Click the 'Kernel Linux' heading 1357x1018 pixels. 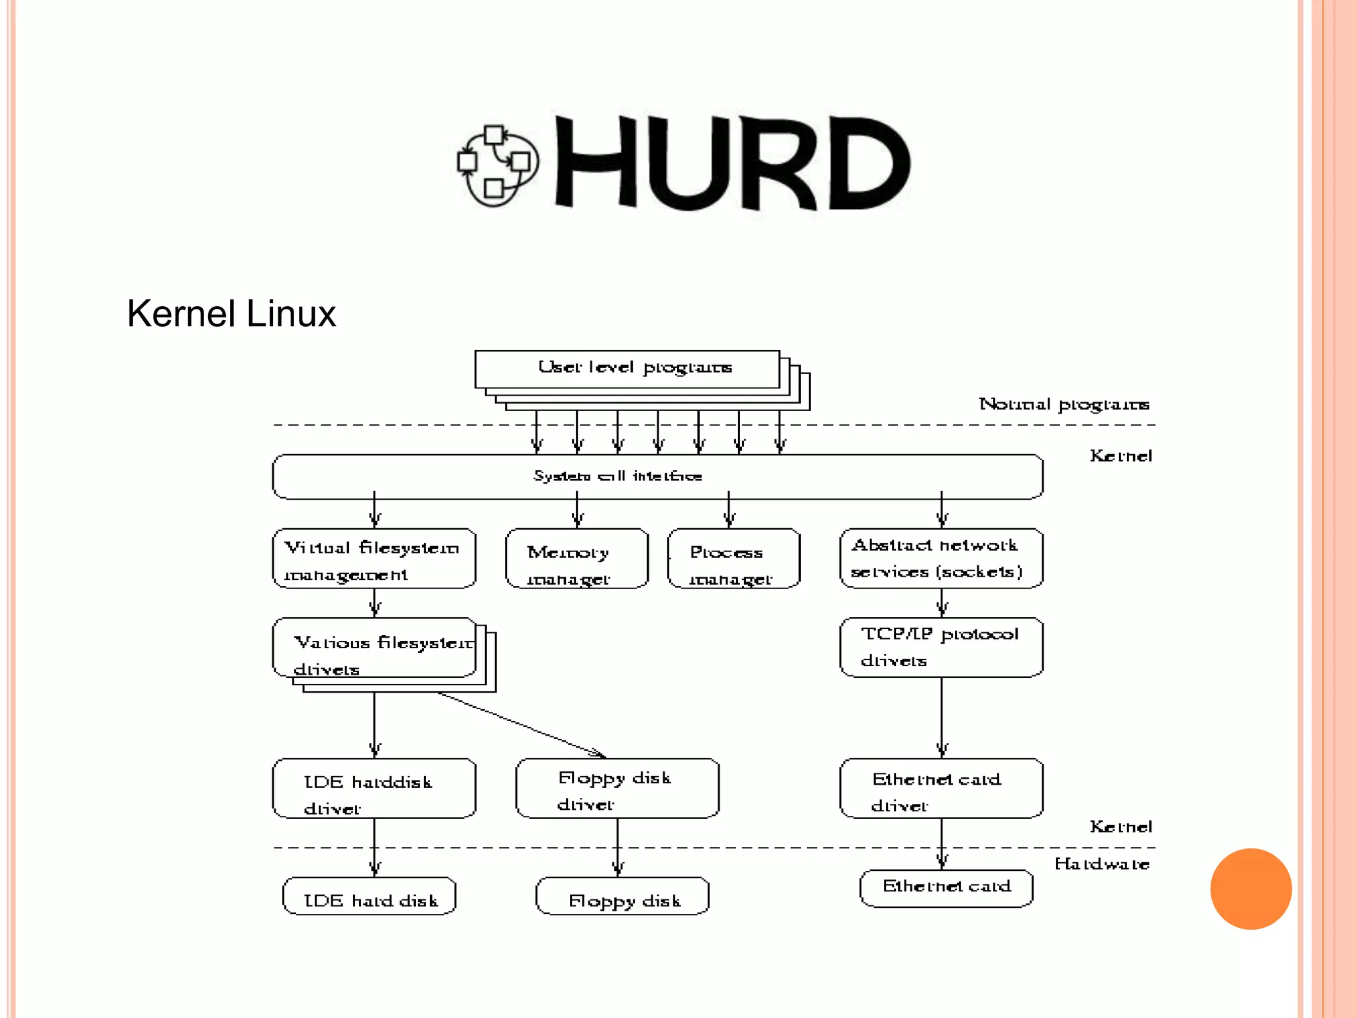pyautogui.click(x=231, y=313)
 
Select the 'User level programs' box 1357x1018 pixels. pyautogui.click(x=627, y=368)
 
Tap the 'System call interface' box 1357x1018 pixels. pyautogui.click(x=657, y=477)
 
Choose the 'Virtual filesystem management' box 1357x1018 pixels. pyautogui.click(x=374, y=559)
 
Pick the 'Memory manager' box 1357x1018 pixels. pyautogui.click(x=576, y=559)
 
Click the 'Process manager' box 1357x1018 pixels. pyautogui.click(x=734, y=559)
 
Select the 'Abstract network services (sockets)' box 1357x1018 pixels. pyautogui.click(x=942, y=559)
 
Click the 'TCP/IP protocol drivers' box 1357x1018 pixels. pyautogui.click(x=942, y=648)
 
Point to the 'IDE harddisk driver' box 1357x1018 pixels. pyautogui.click(x=374, y=789)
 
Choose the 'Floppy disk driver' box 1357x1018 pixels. pyautogui.click(x=618, y=789)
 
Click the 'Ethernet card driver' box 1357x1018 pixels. pyautogui.click(x=942, y=789)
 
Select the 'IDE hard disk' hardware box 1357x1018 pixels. pyautogui.click(x=370, y=897)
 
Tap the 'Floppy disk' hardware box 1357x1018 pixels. pyautogui.click(x=622, y=897)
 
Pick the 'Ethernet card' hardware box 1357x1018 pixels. pyautogui.click(x=946, y=889)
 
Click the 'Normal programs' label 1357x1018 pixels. pyautogui.click(x=1064, y=404)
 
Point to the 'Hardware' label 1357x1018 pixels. pyautogui.click(x=1102, y=864)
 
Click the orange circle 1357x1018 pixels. pyautogui.click(x=1251, y=889)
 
